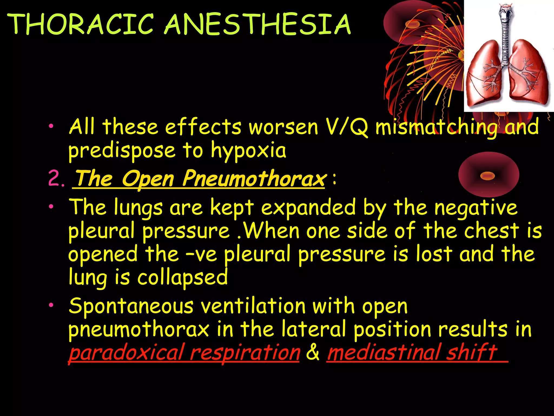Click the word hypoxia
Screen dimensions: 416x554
point(248,151)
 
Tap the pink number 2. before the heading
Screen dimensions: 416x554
point(56,179)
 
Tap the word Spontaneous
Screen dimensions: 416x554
point(131,306)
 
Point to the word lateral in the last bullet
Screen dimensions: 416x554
point(314,329)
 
